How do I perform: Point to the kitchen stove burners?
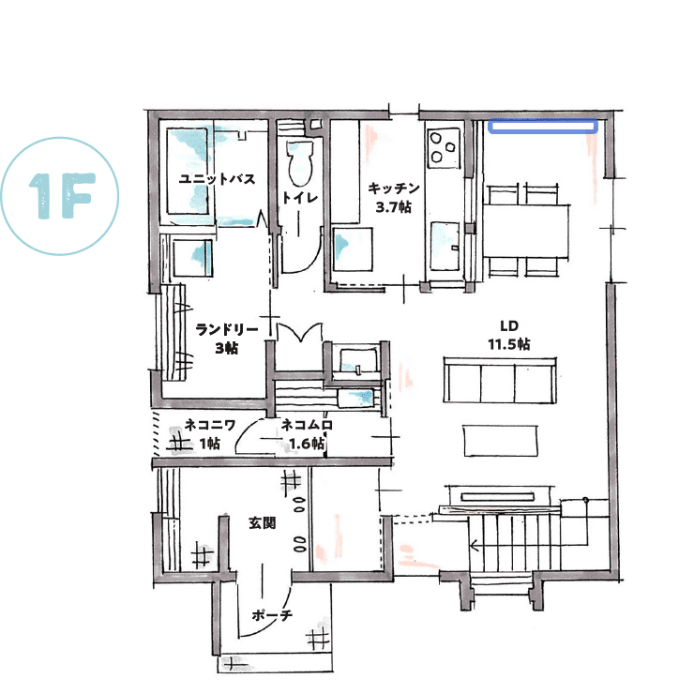click(x=442, y=145)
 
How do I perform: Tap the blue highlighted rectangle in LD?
click(x=542, y=125)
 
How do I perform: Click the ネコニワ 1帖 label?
click(x=202, y=434)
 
